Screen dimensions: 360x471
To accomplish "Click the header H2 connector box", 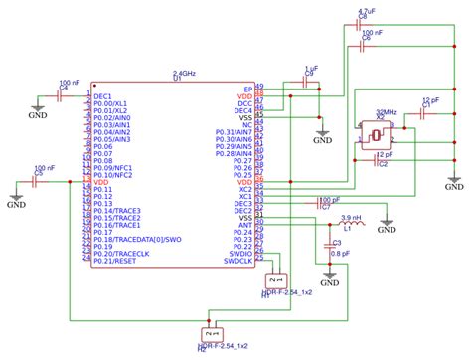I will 209,335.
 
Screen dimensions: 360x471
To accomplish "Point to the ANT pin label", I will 245,226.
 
